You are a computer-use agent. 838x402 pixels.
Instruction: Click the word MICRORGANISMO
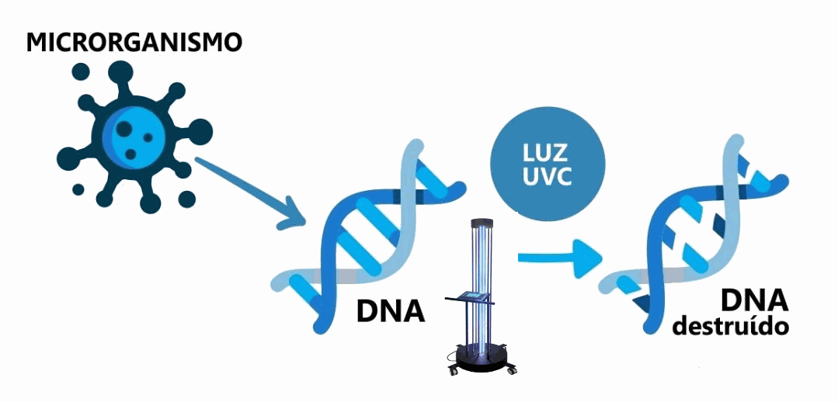click(x=134, y=43)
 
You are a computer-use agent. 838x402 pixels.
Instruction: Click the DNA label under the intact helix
click(x=391, y=311)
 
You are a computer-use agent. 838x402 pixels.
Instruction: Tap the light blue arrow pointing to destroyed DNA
click(x=559, y=255)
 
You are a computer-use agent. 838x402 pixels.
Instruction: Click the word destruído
click(x=730, y=327)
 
